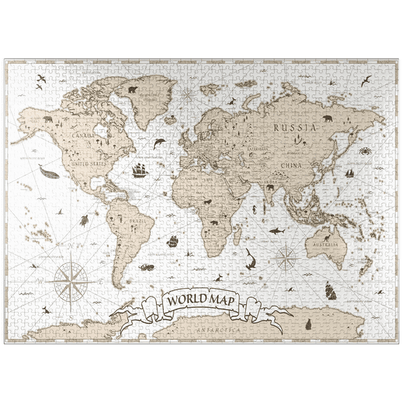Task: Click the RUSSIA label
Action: [x=295, y=128]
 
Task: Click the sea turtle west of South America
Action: [x=83, y=220]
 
